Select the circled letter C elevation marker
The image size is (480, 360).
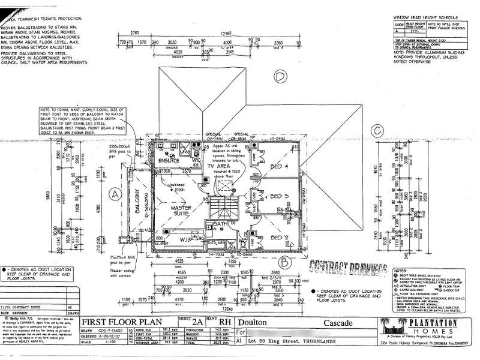tap(377, 130)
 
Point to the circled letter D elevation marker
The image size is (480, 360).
tap(278, 76)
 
